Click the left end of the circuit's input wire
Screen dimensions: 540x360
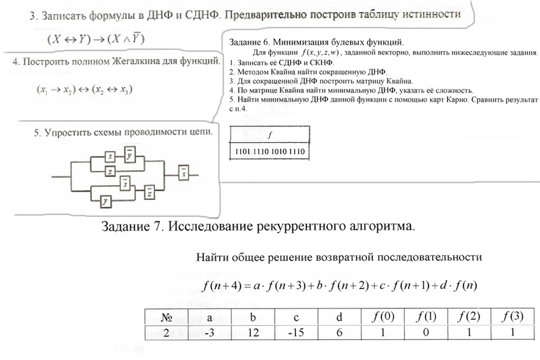coord(52,177)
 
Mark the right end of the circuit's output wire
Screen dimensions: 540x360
coord(198,175)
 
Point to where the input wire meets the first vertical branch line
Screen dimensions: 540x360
coord(71,177)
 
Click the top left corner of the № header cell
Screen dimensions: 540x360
coord(145,309)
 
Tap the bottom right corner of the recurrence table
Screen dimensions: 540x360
coord(534,340)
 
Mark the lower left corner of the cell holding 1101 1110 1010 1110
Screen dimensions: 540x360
coord(230,159)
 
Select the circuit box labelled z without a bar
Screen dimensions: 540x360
coord(110,171)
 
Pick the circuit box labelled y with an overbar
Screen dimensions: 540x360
coord(130,155)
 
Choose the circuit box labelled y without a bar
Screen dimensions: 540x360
coord(105,201)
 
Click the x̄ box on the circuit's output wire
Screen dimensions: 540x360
coord(184,173)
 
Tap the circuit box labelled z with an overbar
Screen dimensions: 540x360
coord(149,192)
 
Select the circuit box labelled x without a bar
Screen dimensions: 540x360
coord(110,157)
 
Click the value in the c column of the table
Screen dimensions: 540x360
coord(296,333)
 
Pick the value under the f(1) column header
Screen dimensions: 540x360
coord(426,333)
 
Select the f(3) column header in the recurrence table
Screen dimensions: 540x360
coord(513,317)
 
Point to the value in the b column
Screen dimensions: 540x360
coord(253,333)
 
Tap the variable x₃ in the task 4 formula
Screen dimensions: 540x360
coord(125,90)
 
